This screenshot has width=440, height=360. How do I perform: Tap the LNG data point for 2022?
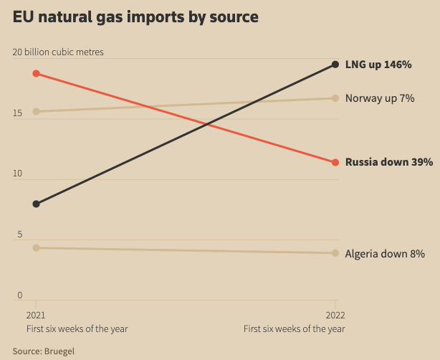335,65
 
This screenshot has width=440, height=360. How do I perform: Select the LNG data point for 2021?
37,204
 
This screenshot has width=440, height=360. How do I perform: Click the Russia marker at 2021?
37,74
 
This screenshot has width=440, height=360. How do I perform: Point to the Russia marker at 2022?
335,162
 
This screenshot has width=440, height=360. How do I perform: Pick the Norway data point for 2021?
37,111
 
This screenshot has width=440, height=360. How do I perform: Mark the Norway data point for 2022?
335,98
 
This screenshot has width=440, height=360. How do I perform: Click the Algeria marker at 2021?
37,248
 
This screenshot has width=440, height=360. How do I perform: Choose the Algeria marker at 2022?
335,252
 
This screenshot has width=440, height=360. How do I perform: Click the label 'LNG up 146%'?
378,65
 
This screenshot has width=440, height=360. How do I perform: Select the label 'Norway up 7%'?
380,98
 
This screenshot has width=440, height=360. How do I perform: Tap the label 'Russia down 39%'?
389,162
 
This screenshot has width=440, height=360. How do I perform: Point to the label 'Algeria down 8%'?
385,253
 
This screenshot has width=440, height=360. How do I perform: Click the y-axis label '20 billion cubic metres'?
58,52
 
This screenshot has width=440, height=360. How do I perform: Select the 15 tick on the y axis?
18,113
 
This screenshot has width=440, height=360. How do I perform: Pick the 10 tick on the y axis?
18,174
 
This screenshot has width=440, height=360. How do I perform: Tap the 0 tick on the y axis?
20,295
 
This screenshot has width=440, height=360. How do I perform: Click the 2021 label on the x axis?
36,316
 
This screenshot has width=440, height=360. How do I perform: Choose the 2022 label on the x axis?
335,316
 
